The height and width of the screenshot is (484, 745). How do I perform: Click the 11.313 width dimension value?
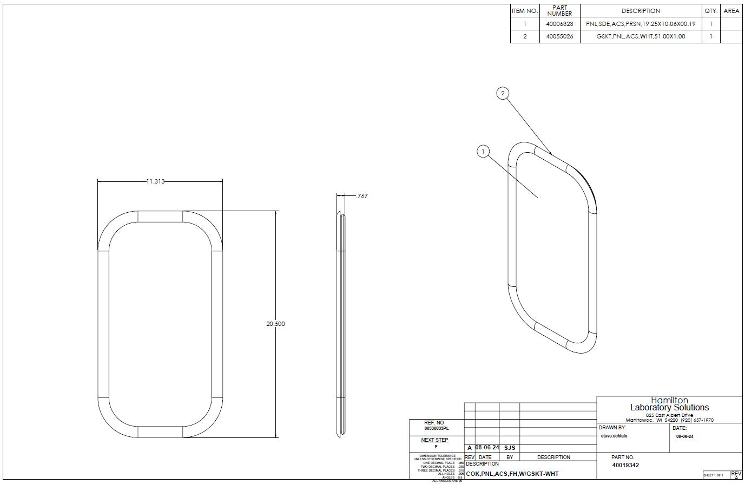(155, 181)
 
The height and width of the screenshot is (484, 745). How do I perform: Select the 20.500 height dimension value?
(275, 324)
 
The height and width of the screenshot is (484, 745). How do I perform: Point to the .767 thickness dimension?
(362, 196)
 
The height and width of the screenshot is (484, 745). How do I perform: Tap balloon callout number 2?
(503, 94)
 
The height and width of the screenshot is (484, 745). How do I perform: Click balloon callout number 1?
(483, 152)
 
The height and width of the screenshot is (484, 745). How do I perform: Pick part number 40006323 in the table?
(559, 24)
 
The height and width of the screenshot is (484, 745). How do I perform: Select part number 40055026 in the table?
(559, 36)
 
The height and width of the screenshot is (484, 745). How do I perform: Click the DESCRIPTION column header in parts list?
(641, 11)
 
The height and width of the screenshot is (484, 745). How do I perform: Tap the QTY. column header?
(711, 11)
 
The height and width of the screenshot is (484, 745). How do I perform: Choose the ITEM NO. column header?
(525, 11)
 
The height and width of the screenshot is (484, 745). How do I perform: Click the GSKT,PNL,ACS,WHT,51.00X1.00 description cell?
(641, 36)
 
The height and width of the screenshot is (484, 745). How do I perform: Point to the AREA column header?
(731, 11)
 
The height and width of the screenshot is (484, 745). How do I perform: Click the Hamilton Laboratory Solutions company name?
(669, 404)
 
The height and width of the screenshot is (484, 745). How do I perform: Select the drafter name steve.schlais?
(614, 436)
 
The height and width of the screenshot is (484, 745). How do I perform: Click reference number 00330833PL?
(436, 428)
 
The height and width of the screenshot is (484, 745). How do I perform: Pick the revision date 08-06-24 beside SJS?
(487, 448)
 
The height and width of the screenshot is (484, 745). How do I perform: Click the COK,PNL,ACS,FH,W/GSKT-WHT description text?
(512, 474)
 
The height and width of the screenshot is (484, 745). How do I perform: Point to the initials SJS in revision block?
(509, 448)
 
